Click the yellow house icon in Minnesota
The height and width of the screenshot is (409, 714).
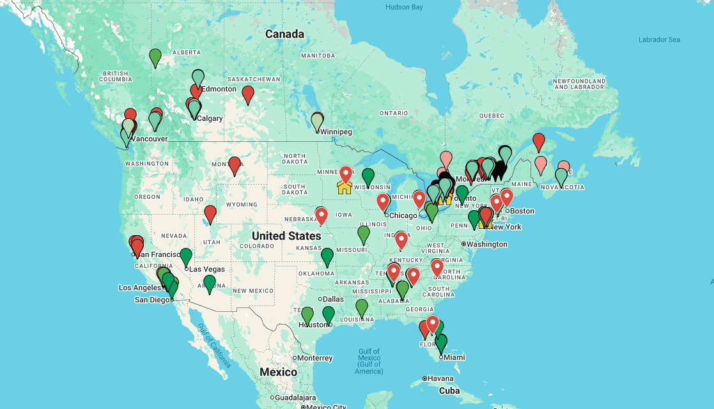pyautogui.click(x=344, y=187)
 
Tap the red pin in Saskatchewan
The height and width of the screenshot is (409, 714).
pyautogui.click(x=248, y=95)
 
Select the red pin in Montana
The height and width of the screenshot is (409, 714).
pyautogui.click(x=235, y=165)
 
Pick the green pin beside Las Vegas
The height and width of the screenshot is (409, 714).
pyautogui.click(x=186, y=257)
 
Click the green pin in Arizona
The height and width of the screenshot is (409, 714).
pyautogui.click(x=210, y=284)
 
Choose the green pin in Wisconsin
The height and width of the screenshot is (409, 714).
pyautogui.click(x=368, y=176)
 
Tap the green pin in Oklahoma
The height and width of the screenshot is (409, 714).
pyautogui.click(x=327, y=257)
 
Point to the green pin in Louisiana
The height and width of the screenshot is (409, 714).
pyautogui.click(x=362, y=308)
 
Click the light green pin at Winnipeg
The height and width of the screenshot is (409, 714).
pyautogui.click(x=317, y=121)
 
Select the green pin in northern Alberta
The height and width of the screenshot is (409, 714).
pyautogui.click(x=155, y=58)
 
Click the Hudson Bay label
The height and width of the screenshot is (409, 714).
pyautogui.click(x=404, y=8)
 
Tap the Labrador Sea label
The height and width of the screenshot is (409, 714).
pyautogui.click(x=659, y=40)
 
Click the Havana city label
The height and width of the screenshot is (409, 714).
pyautogui.click(x=440, y=378)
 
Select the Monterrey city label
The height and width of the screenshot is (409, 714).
pyautogui.click(x=315, y=358)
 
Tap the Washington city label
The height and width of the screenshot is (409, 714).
pyautogui.click(x=487, y=244)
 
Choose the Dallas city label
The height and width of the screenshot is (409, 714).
pyautogui.click(x=333, y=299)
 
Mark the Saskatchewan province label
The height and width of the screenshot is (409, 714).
pyautogui.click(x=254, y=79)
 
